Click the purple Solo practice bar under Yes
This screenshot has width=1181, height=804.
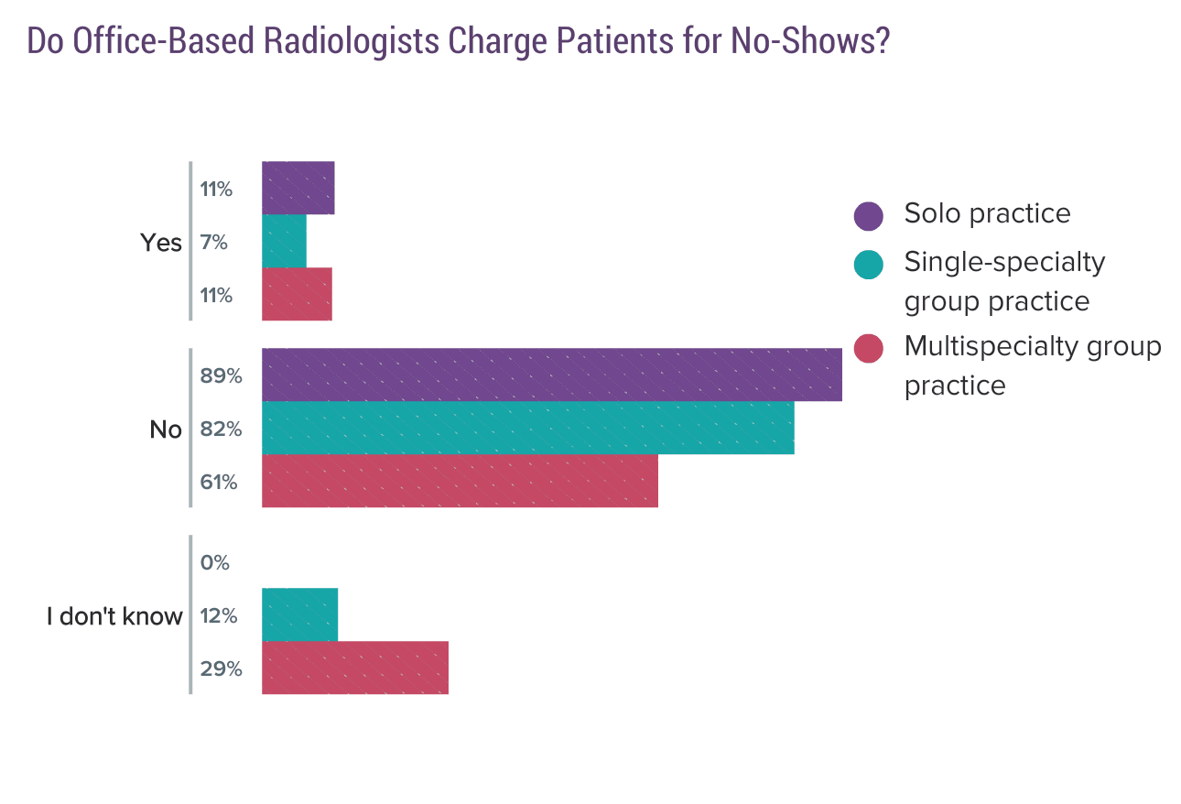point(298,188)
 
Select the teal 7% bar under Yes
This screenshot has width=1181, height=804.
point(284,241)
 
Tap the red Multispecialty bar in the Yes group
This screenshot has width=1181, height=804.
point(297,294)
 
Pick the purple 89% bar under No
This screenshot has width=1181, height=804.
point(551,375)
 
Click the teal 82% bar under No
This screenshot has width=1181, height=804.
point(527,428)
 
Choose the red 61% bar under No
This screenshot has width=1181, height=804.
point(460,481)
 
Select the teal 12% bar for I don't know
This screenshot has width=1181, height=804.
point(299,614)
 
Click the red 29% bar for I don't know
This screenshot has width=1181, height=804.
point(355,668)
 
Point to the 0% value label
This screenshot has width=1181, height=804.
point(215,562)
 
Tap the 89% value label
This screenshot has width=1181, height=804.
point(221,375)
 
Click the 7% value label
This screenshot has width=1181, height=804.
point(214,243)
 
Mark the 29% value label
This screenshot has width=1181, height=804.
point(221,668)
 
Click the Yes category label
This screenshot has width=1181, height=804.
point(161,243)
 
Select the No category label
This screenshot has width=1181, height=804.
point(166,429)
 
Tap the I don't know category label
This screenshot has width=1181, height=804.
point(114,616)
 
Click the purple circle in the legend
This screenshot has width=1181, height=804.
point(868,215)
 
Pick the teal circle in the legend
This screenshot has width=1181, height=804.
point(868,264)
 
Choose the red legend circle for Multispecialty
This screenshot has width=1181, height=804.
point(868,348)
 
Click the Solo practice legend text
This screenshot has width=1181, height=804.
point(987,213)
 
